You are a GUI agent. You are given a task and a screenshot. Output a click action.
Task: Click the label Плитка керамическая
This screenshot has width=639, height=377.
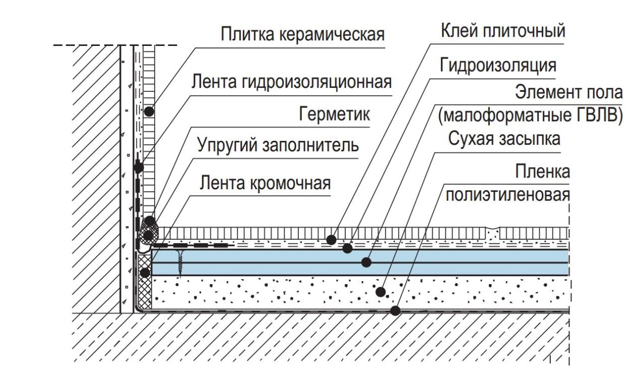(303, 34)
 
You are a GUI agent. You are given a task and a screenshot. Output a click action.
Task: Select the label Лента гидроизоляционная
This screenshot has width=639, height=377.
(291, 82)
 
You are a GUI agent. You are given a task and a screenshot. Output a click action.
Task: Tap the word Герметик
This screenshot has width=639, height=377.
(334, 114)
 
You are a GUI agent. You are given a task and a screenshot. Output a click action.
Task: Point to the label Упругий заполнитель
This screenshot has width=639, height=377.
(278, 145)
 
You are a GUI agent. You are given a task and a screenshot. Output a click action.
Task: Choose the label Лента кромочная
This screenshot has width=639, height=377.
(265, 183)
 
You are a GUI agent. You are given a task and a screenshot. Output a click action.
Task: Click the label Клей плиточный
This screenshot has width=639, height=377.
(503, 31)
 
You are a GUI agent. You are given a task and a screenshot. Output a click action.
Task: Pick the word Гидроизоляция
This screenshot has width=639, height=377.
(498, 66)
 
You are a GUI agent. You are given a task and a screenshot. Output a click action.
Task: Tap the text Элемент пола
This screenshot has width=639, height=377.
(569, 92)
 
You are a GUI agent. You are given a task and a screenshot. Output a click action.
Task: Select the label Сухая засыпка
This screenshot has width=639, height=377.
(504, 139)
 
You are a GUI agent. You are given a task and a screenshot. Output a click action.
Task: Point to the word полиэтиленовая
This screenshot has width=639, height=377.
(508, 196)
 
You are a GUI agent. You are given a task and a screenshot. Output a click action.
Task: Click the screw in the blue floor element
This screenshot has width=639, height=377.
(180, 263)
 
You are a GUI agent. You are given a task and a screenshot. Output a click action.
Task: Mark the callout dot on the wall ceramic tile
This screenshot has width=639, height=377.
(149, 111)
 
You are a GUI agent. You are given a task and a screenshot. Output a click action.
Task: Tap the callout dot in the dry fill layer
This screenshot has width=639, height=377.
(380, 292)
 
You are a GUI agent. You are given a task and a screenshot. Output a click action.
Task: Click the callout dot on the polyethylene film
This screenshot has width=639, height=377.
(395, 310)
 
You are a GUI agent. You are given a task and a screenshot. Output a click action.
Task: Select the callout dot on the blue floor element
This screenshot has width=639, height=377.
(366, 262)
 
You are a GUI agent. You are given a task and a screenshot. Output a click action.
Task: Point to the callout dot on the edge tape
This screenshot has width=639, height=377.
(145, 273)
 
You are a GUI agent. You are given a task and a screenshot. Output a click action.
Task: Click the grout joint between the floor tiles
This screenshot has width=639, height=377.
(493, 234)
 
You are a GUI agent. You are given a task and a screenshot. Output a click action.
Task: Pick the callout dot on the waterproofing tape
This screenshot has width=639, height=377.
(139, 168)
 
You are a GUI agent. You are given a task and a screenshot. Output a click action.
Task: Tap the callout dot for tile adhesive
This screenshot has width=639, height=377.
(331, 240)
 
